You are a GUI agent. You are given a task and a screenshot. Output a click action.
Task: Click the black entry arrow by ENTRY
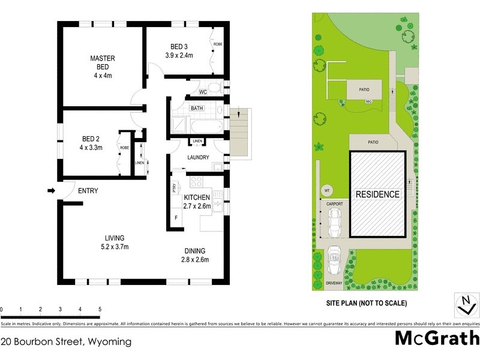(51, 191)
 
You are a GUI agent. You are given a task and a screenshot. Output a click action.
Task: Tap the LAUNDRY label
(197, 158)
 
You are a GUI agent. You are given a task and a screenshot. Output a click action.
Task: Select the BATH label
(196, 109)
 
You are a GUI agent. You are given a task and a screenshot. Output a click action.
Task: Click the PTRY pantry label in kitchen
(175, 187)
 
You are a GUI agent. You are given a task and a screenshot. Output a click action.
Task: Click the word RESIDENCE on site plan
(377, 194)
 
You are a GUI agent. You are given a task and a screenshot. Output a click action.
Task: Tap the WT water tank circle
(327, 191)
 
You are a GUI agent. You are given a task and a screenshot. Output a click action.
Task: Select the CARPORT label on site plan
(334, 204)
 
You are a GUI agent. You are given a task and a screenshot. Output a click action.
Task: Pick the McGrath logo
(436, 338)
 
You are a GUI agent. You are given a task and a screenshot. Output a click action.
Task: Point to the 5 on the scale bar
(99, 309)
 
